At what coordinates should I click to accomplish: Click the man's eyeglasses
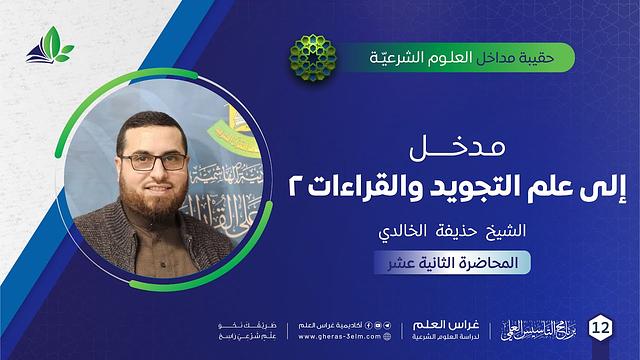pyautogui.click(x=158, y=161)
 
